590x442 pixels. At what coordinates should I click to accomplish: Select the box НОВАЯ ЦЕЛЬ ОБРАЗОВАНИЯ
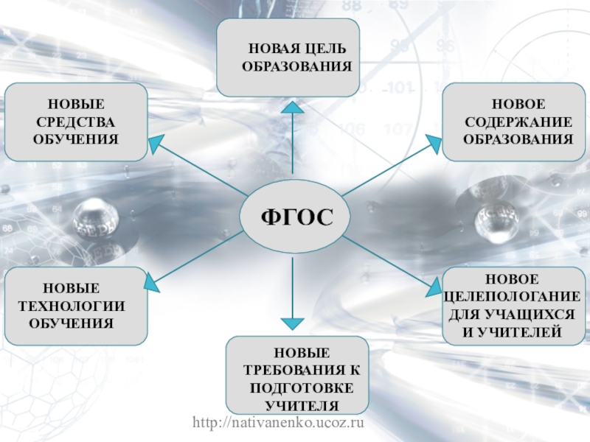point(288,58)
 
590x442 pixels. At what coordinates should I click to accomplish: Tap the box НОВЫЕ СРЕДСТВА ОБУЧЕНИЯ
point(76,122)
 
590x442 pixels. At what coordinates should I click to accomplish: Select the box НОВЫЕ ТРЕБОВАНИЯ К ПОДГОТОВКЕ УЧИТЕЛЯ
point(296,374)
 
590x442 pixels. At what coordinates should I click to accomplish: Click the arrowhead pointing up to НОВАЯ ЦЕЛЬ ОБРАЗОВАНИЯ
point(293,108)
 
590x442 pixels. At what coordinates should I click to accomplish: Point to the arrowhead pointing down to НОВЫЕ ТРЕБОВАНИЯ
point(293,323)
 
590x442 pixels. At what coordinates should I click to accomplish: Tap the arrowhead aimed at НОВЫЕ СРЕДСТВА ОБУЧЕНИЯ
point(156,142)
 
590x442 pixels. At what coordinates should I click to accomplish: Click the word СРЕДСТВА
point(76,122)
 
